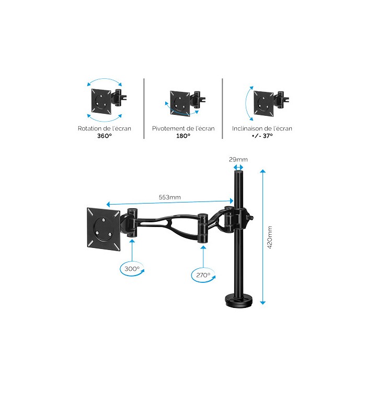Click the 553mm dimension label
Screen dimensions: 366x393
pos(170,197)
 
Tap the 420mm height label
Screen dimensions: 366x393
pos(270,237)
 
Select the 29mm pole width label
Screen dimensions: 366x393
pos(238,159)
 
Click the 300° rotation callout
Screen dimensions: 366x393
pos(132,269)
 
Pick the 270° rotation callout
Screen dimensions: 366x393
pos(203,275)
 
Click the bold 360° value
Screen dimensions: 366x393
pos(105,136)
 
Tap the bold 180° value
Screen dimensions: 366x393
pos(183,136)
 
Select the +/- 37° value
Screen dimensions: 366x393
pos(262,136)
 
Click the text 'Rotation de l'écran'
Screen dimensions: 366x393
pos(105,128)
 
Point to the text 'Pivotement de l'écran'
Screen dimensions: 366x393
pos(183,128)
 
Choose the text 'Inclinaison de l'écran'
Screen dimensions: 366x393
pos(262,128)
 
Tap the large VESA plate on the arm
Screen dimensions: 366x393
pos(104,229)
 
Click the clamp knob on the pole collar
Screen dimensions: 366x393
pos(250,217)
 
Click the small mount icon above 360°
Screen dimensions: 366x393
pos(108,101)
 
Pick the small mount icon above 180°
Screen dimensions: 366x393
pos(188,103)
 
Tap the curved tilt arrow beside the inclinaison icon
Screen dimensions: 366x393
pos(248,103)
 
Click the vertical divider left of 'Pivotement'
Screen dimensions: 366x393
pos(144,109)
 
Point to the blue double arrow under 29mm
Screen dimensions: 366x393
pos(238,168)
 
